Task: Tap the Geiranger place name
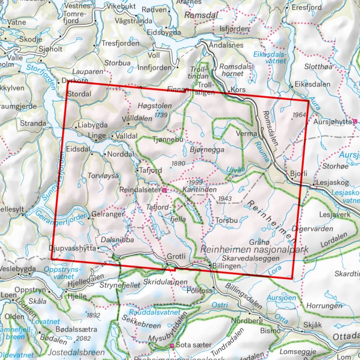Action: point(107,215)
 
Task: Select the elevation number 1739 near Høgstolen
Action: point(161,116)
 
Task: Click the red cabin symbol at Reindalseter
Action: point(164,191)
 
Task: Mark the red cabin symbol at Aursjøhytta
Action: point(355,121)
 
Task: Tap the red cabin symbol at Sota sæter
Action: point(172,346)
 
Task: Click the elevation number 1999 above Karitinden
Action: point(196,182)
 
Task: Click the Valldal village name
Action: point(126,135)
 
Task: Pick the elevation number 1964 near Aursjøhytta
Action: point(298,115)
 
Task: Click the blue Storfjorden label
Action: point(42,74)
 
